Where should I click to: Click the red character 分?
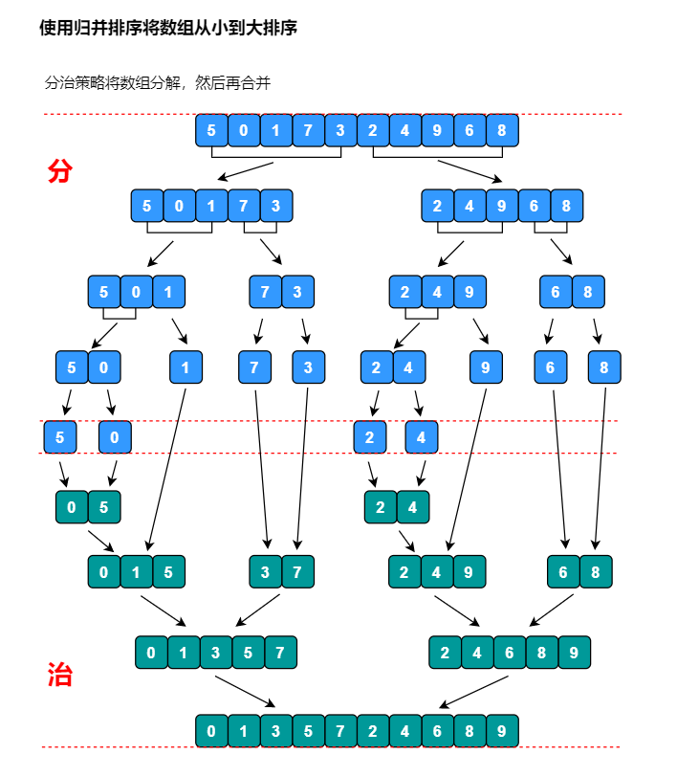pos(59,171)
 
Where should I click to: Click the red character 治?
pos(59,675)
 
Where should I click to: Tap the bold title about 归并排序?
pos(168,28)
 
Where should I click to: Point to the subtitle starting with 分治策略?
pos(158,83)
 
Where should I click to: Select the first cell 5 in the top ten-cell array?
pos(211,130)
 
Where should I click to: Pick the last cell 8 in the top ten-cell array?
pos(502,130)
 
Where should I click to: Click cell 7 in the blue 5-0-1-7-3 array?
pos(244,206)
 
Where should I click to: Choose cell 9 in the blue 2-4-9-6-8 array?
pos(502,206)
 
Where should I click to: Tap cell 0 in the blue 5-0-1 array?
pos(136,292)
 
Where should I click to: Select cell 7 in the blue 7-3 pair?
pos(266,292)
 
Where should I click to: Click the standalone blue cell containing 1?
pos(186,366)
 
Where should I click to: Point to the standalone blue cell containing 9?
pos(486,366)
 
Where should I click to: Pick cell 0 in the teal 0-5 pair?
pos(72,507)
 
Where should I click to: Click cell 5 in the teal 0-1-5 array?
pos(168,572)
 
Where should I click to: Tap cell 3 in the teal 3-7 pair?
pos(266,572)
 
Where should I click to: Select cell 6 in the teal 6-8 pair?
pos(563,572)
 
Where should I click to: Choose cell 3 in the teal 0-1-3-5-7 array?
pos(216,653)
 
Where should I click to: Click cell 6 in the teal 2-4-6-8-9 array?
pos(510,653)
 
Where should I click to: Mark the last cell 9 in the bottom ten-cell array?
pos(502,731)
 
